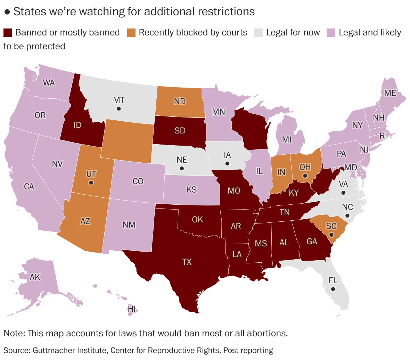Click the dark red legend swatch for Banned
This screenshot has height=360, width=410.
(x=8, y=33)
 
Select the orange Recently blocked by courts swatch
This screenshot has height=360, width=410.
(x=131, y=33)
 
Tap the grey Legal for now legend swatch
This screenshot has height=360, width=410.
(x=258, y=33)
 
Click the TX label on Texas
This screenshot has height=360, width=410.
(x=187, y=262)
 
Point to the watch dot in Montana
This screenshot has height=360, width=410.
(x=119, y=109)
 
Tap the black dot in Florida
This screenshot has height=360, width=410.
(x=333, y=289)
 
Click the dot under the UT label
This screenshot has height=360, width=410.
(x=91, y=182)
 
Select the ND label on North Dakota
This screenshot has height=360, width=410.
(x=180, y=101)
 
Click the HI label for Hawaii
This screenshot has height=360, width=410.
(x=132, y=309)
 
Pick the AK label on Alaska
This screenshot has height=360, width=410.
(x=35, y=277)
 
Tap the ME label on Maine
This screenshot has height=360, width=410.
(x=390, y=93)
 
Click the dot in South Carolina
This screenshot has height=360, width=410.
(x=331, y=235)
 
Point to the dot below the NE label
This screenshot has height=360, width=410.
(x=181, y=169)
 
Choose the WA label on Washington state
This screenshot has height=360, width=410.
(x=49, y=83)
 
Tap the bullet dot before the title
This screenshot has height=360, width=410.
(x=7, y=12)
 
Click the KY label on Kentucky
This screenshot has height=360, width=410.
(x=294, y=193)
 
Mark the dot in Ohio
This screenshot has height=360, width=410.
(x=305, y=176)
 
